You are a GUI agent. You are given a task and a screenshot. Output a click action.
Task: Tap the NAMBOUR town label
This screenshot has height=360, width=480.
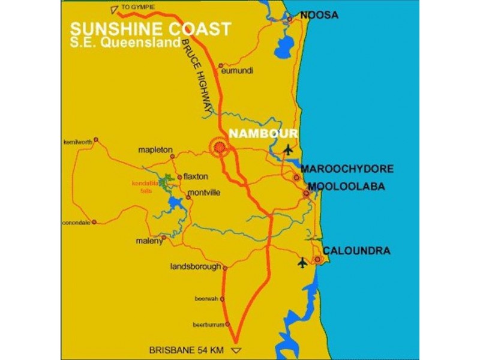pos(255,133)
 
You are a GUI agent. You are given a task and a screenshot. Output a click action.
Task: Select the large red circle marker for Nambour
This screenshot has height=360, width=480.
pos(219,146)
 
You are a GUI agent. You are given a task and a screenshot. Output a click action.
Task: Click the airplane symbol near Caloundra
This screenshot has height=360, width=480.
pos(302,262)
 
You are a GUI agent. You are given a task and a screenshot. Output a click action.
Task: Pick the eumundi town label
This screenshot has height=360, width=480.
pos(238,71)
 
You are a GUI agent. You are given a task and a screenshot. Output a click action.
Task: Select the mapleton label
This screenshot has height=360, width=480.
pos(155,149)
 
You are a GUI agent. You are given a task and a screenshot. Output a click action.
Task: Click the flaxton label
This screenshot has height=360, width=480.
pos(195,177)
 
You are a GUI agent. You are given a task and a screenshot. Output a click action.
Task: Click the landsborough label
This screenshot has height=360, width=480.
pos(196,267)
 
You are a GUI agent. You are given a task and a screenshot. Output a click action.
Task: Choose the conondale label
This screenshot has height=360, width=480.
pos(76,222)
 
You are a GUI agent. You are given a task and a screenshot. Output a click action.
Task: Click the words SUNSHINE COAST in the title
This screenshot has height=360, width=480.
pos(150,29)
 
